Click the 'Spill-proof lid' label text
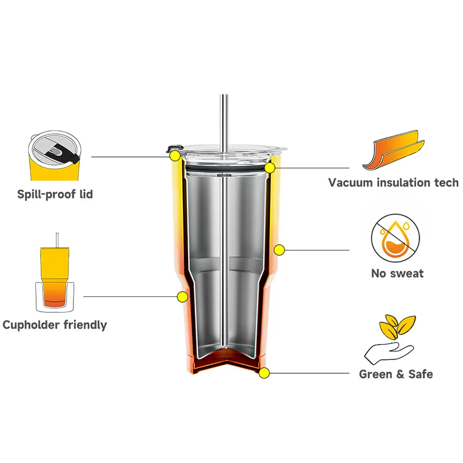click(54, 194)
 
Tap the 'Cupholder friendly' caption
click(54, 325)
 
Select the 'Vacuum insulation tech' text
click(393, 183)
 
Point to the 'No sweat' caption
click(397, 273)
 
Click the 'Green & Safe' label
click(396, 374)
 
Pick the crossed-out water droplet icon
click(396, 238)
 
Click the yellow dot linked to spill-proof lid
click(174, 155)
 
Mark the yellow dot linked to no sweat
click(279, 250)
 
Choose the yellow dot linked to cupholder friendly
click(182, 297)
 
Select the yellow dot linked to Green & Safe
click(263, 373)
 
